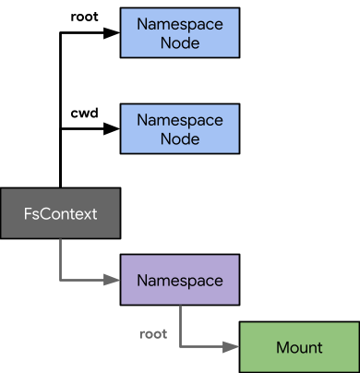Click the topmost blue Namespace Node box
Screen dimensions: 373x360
tap(180, 33)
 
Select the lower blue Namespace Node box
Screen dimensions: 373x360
tap(180, 128)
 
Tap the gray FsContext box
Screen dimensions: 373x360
tap(60, 213)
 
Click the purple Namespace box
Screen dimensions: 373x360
tap(180, 279)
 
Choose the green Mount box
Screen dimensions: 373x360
tap(299, 347)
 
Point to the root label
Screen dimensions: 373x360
tap(152, 333)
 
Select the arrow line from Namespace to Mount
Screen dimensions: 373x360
tap(180, 325)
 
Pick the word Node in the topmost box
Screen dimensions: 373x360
tap(180, 42)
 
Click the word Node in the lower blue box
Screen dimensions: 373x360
tap(180, 138)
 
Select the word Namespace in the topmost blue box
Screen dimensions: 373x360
tap(180, 24)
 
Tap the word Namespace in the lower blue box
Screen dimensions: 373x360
tap(180, 119)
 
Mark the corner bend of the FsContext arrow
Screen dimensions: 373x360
tap(61, 279)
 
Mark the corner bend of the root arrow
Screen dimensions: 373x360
tap(180, 347)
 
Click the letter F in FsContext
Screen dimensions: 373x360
tap(28, 213)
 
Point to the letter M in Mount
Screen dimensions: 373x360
tap(282, 347)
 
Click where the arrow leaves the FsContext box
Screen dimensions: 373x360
tap(61, 239)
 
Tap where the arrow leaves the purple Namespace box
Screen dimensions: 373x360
tap(180, 305)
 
